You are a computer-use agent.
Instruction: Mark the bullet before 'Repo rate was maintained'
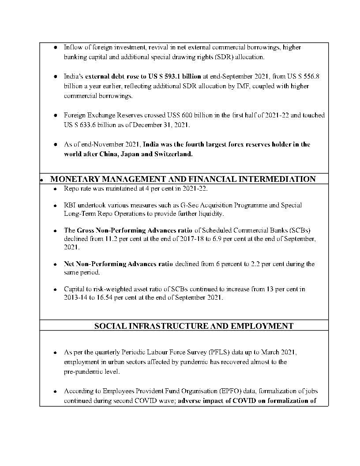[55, 189]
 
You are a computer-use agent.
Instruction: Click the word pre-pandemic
[84, 372]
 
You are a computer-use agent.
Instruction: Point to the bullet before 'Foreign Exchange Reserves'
[55, 116]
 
